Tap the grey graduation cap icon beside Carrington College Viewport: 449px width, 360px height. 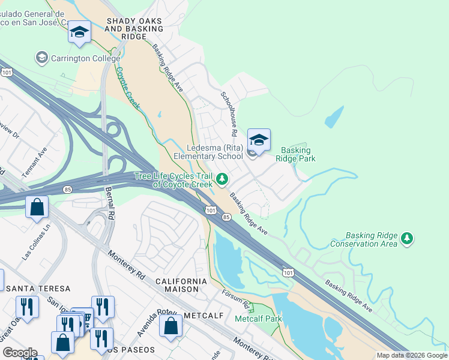[41, 58]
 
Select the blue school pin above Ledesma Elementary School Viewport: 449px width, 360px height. [259, 140]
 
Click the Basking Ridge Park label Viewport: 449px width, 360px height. [295, 154]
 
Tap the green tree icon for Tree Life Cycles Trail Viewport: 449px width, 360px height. [222, 179]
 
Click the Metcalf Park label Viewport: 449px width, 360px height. [258, 319]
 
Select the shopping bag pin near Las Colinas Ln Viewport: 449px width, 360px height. [37, 207]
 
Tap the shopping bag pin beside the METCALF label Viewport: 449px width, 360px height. [171, 326]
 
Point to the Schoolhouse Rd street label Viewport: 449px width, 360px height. [228, 113]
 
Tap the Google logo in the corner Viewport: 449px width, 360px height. [19, 353]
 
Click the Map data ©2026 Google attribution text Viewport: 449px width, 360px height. [411, 355]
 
